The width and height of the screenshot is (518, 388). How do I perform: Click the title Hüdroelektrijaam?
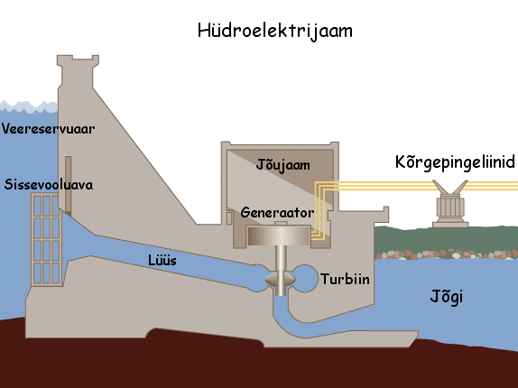(275, 31)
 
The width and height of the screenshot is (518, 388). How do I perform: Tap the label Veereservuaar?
(48, 129)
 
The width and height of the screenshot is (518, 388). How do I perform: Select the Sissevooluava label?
(49, 184)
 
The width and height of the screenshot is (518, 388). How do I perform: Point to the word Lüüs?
(162, 260)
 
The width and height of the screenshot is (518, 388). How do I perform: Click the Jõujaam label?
(283, 165)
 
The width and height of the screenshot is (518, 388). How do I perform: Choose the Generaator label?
(277, 212)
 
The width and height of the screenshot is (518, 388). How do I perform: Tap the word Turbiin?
(345, 279)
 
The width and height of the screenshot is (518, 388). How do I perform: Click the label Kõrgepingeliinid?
(455, 162)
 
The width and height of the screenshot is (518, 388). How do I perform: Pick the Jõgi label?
(447, 296)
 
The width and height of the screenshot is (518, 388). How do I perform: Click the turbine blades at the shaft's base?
(280, 280)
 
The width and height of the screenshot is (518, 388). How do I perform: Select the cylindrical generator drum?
(279, 236)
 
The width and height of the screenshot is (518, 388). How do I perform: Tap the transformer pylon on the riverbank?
(450, 204)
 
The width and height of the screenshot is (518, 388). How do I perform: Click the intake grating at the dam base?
(47, 239)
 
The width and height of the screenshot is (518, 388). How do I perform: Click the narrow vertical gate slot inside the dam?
(68, 186)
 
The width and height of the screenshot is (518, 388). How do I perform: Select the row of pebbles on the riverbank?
(447, 254)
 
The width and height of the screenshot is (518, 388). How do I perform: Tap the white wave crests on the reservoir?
(28, 106)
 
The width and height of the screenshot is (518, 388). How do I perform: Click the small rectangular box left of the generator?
(229, 218)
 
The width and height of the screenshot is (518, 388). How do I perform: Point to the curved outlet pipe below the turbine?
(330, 325)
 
